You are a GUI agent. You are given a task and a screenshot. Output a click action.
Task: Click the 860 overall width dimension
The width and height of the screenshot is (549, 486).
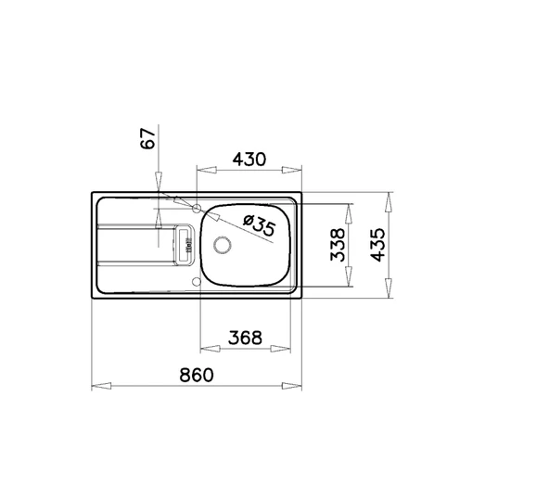(196, 375)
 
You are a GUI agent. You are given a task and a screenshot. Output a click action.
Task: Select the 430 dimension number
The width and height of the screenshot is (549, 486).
(249, 160)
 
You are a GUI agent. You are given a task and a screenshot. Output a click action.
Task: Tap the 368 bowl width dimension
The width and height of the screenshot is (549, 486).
(245, 338)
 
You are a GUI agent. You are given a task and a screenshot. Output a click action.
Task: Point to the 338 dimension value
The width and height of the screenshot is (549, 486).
(338, 245)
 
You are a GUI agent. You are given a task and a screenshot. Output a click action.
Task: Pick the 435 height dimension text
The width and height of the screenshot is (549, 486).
(377, 245)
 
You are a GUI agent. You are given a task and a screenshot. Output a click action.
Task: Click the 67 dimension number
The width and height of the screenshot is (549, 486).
(147, 138)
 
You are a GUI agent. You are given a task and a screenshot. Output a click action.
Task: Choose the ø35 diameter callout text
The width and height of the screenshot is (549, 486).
(260, 225)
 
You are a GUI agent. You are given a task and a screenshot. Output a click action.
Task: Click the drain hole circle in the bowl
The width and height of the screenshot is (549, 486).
(222, 245)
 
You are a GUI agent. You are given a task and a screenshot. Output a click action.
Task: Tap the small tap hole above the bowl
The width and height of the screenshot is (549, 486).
(197, 209)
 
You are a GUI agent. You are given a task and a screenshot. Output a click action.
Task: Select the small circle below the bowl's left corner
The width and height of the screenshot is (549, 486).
(197, 282)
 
